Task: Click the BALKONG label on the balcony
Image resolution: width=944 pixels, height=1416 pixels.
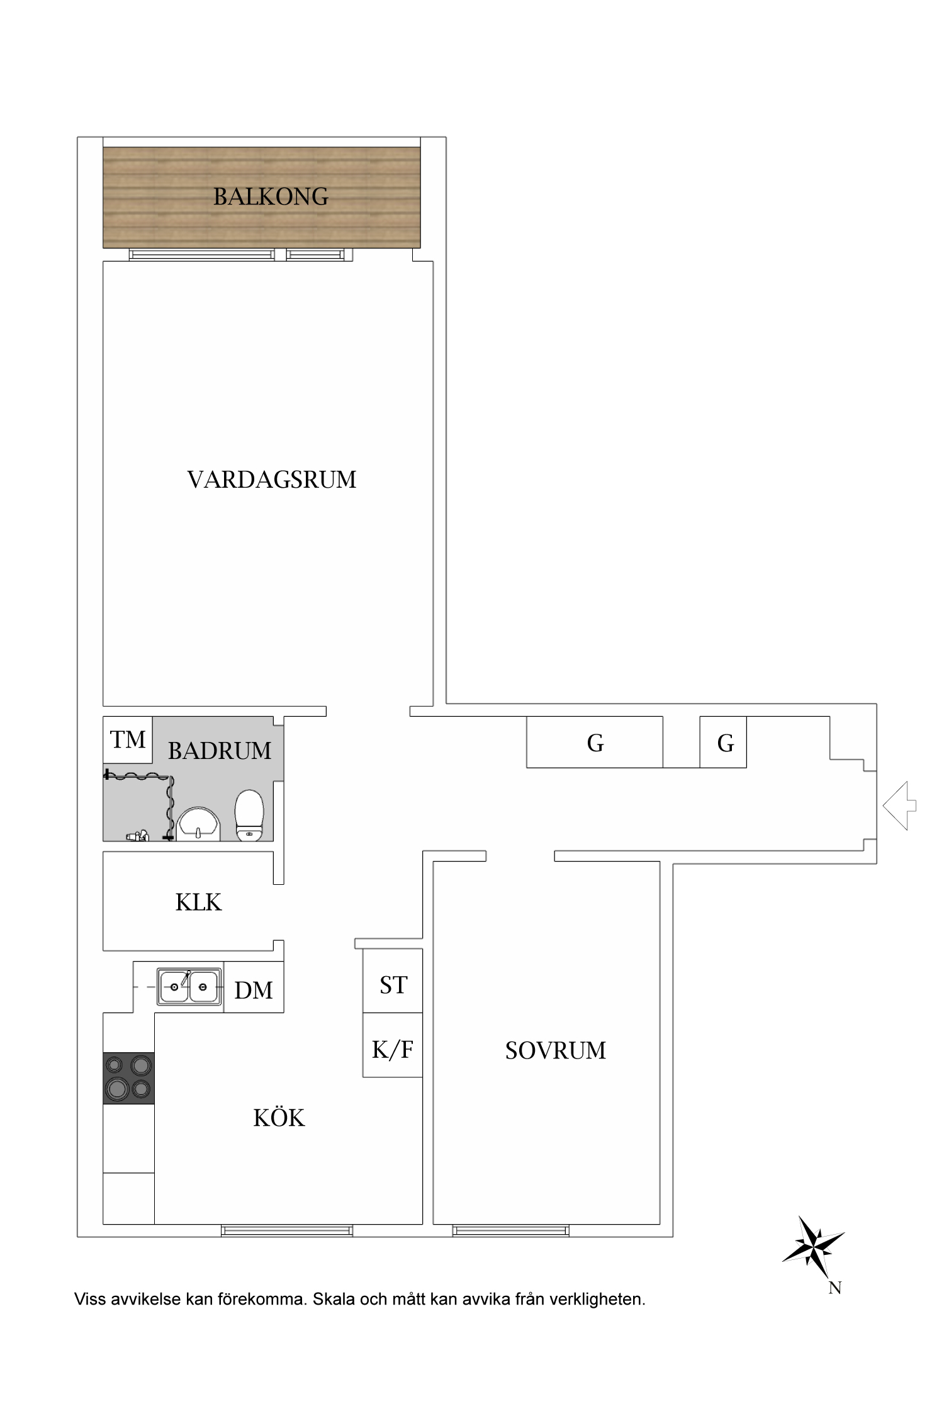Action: tap(271, 197)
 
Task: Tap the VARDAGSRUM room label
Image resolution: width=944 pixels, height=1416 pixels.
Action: tap(271, 480)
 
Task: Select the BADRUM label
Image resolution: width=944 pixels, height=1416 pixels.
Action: tap(219, 751)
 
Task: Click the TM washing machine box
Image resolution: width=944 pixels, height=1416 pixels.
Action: tap(128, 739)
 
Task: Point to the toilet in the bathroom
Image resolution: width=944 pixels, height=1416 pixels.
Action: tap(249, 815)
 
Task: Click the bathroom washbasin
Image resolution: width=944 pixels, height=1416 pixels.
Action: tap(199, 824)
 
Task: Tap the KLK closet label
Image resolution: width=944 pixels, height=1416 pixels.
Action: tap(198, 902)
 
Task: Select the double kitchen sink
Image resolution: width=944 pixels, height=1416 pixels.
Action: tap(189, 986)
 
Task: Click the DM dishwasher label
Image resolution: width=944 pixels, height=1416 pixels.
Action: tap(254, 991)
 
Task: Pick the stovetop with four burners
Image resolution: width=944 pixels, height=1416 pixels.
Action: tap(128, 1078)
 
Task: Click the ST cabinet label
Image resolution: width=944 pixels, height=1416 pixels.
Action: tap(393, 985)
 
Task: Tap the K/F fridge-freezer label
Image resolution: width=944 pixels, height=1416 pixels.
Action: tap(393, 1050)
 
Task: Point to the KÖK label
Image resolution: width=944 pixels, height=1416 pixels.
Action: tap(279, 1118)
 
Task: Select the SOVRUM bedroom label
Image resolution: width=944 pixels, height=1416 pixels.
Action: tap(555, 1050)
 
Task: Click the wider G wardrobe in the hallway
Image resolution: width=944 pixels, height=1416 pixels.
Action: tap(595, 743)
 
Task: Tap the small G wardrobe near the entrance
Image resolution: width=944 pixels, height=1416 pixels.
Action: tap(725, 743)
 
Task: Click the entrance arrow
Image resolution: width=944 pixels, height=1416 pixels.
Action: tap(899, 806)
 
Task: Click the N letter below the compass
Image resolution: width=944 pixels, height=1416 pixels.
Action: tap(835, 1288)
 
